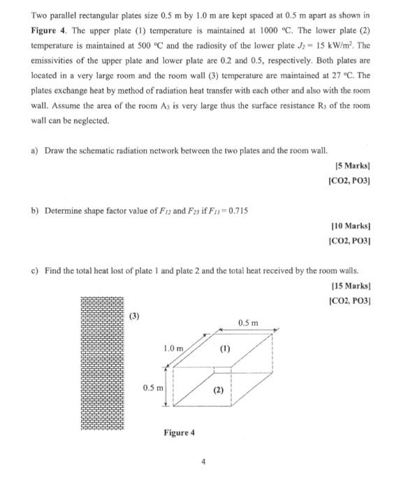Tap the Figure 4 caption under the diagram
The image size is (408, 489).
pyautogui.click(x=180, y=432)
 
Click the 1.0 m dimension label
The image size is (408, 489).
pyautogui.click(x=173, y=347)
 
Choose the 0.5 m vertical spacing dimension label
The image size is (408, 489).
pyautogui.click(x=152, y=387)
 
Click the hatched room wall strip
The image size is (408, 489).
pyautogui.click(x=101, y=363)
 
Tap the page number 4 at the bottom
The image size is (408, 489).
pyautogui.click(x=203, y=461)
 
